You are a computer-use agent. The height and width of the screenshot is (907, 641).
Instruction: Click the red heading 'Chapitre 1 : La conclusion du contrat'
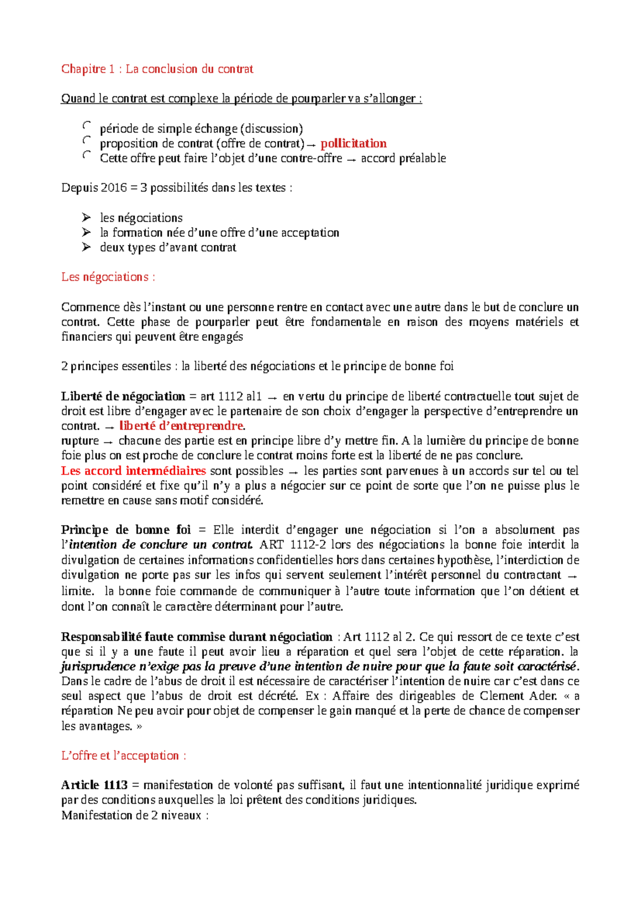click(157, 68)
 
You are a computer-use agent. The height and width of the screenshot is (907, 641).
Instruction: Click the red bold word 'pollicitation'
click(353, 143)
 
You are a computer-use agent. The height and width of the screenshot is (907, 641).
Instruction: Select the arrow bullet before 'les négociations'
click(86, 217)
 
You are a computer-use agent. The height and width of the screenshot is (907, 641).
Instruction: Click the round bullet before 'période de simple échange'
click(87, 126)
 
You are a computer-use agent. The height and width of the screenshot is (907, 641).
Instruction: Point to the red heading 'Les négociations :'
click(108, 277)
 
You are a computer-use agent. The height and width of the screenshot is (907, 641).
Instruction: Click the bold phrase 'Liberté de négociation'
click(123, 396)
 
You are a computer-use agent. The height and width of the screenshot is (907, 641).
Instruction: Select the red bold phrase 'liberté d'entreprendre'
click(181, 426)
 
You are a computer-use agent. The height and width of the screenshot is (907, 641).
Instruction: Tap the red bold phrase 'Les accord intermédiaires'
click(133, 471)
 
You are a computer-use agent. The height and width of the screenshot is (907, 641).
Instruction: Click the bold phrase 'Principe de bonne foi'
click(126, 530)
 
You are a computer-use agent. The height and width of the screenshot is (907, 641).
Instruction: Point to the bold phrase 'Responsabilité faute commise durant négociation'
click(196, 637)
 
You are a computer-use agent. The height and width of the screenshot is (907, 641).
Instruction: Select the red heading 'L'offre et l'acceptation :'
click(123, 756)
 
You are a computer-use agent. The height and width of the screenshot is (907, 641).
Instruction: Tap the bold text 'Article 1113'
click(94, 785)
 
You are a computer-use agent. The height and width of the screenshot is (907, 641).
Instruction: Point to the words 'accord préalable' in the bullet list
click(403, 158)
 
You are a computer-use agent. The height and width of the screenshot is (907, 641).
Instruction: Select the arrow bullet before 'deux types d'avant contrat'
click(86, 247)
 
